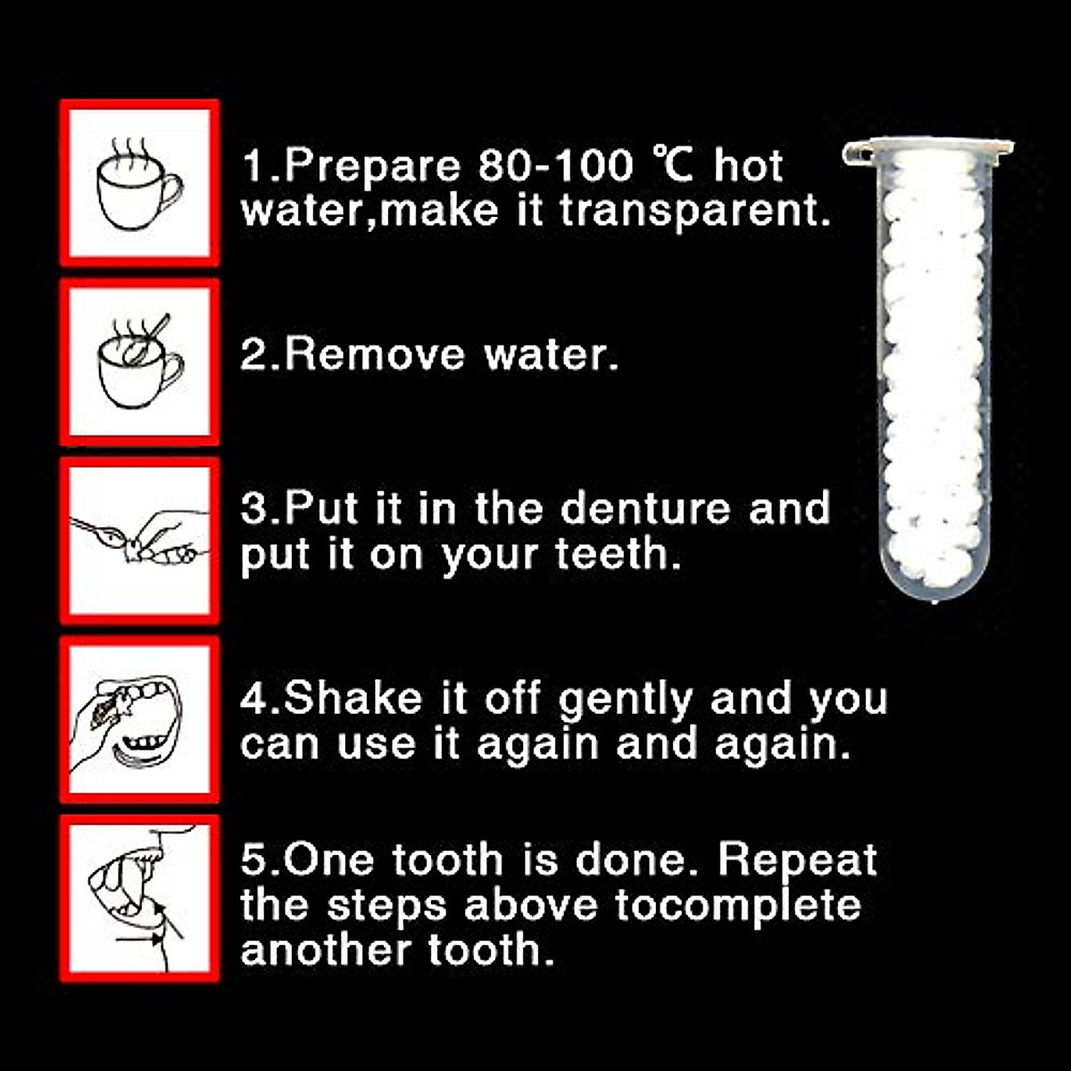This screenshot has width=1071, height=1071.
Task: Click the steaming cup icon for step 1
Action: [x=139, y=183]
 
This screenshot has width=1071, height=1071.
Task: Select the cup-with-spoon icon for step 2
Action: [x=139, y=361]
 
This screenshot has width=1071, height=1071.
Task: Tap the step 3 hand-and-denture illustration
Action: [x=139, y=540]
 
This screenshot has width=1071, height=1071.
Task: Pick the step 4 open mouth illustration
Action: [x=139, y=718]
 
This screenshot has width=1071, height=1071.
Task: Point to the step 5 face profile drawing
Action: [x=139, y=897]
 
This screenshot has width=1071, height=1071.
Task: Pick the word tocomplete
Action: [x=737, y=906]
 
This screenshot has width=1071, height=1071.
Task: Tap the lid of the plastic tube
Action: [x=928, y=146]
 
